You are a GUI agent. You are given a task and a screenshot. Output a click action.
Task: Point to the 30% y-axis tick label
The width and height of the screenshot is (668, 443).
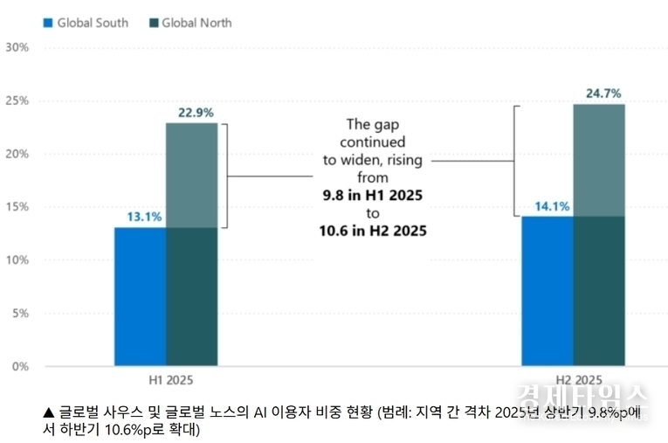pyautogui.click(x=17, y=47)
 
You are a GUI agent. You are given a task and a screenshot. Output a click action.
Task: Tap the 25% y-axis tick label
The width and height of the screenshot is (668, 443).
pyautogui.click(x=17, y=100)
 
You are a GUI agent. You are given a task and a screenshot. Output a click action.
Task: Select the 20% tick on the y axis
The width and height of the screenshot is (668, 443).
pyautogui.click(x=17, y=154)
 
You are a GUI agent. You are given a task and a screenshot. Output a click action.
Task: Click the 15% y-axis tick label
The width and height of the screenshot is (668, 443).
pyautogui.click(x=17, y=207)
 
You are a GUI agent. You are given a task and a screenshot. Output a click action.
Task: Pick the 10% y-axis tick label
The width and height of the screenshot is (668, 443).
pyautogui.click(x=17, y=260)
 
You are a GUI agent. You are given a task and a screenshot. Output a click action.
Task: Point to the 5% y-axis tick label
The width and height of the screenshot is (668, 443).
pyautogui.click(x=20, y=313)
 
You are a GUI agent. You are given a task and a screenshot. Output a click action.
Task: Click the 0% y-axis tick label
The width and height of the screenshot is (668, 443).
pyautogui.click(x=20, y=366)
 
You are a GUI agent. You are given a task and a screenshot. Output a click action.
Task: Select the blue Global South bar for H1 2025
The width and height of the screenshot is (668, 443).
pyautogui.click(x=140, y=296)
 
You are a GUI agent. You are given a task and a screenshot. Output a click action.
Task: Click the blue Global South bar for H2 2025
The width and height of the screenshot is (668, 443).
pyautogui.click(x=547, y=291)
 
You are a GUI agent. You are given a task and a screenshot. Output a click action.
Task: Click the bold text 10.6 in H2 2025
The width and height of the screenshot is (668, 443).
pyautogui.click(x=373, y=231)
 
